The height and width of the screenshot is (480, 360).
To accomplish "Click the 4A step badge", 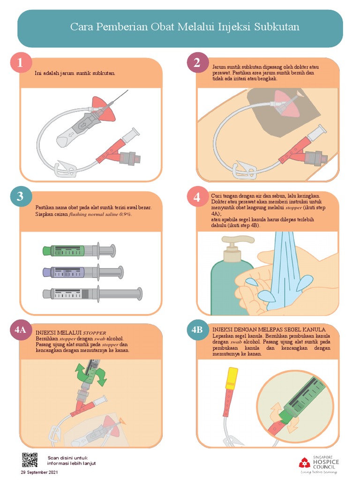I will [21, 330].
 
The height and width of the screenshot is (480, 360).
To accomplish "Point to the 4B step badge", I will [197, 330].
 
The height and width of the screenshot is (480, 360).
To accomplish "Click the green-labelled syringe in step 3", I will [79, 250].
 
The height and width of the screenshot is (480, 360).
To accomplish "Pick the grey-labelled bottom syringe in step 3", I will [92, 294].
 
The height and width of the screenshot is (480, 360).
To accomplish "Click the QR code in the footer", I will [30, 460].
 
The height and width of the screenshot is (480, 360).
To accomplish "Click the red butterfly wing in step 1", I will [104, 108].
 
